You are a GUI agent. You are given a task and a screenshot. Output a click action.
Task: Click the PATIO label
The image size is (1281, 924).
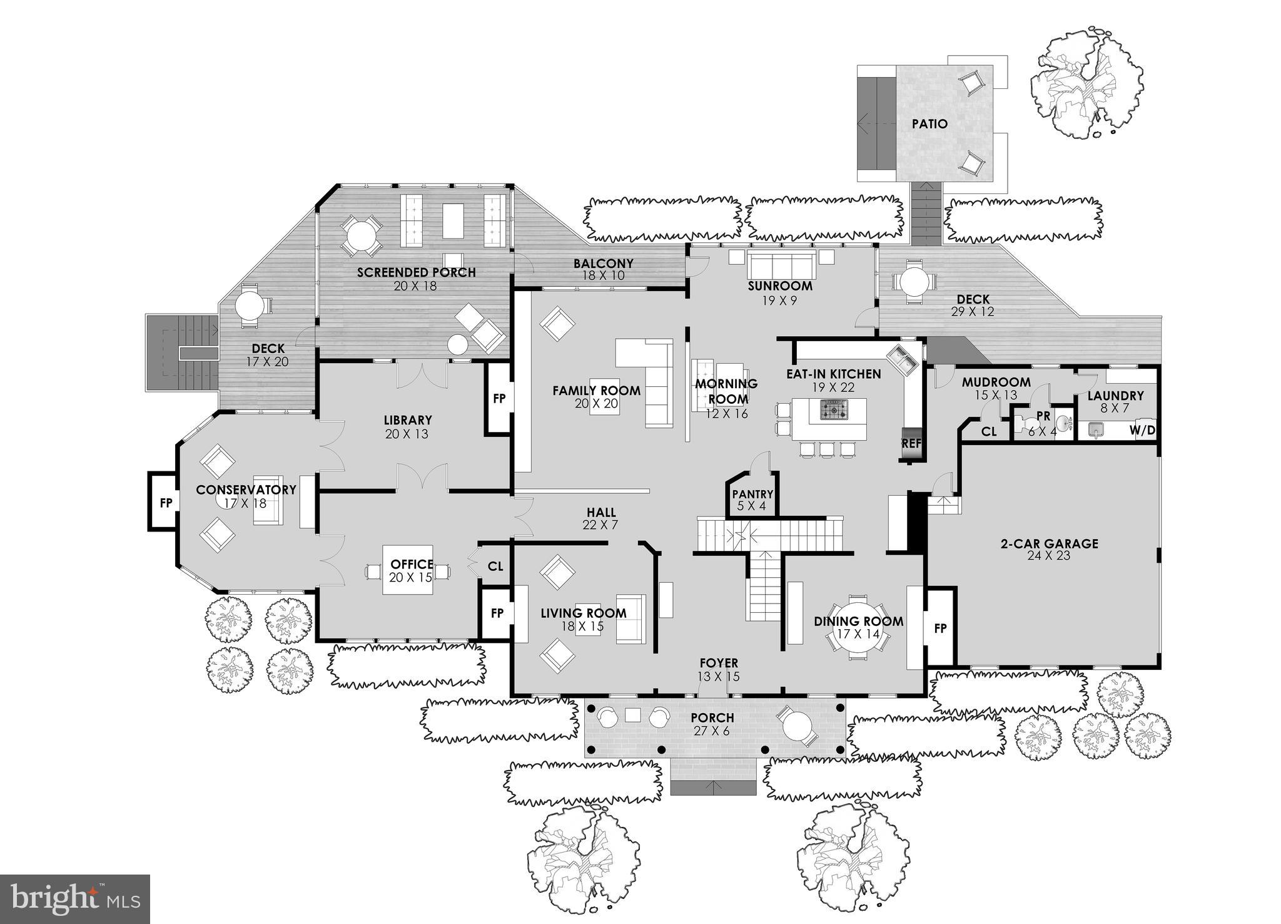(x=929, y=124)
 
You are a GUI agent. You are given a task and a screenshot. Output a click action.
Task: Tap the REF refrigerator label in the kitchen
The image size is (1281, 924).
(x=911, y=443)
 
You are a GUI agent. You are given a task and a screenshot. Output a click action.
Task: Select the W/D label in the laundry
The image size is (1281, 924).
(x=1142, y=431)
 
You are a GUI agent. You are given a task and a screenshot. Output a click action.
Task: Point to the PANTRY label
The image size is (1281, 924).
(x=752, y=495)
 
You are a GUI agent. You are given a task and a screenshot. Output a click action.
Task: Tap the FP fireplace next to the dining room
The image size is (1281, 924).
(x=940, y=629)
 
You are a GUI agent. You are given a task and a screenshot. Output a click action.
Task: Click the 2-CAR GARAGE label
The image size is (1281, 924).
(x=1048, y=543)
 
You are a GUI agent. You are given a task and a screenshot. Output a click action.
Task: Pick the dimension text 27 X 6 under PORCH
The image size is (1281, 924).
(x=712, y=731)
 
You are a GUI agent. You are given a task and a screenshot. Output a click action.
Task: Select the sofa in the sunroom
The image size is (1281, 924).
(x=781, y=266)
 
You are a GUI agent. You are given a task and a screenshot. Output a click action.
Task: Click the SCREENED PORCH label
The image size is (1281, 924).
(x=416, y=272)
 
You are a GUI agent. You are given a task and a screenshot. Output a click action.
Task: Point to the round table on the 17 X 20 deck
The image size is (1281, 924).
(x=249, y=307)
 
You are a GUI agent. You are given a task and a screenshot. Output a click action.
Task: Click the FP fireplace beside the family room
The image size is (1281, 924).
(x=499, y=399)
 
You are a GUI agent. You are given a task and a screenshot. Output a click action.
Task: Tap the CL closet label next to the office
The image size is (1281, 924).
(x=495, y=567)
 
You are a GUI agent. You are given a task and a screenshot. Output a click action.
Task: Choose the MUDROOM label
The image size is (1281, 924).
(x=996, y=382)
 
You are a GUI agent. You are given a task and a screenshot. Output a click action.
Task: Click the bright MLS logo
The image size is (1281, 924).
(x=74, y=899)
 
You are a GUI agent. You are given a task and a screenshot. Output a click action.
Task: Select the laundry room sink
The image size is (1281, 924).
(x=1095, y=429)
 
